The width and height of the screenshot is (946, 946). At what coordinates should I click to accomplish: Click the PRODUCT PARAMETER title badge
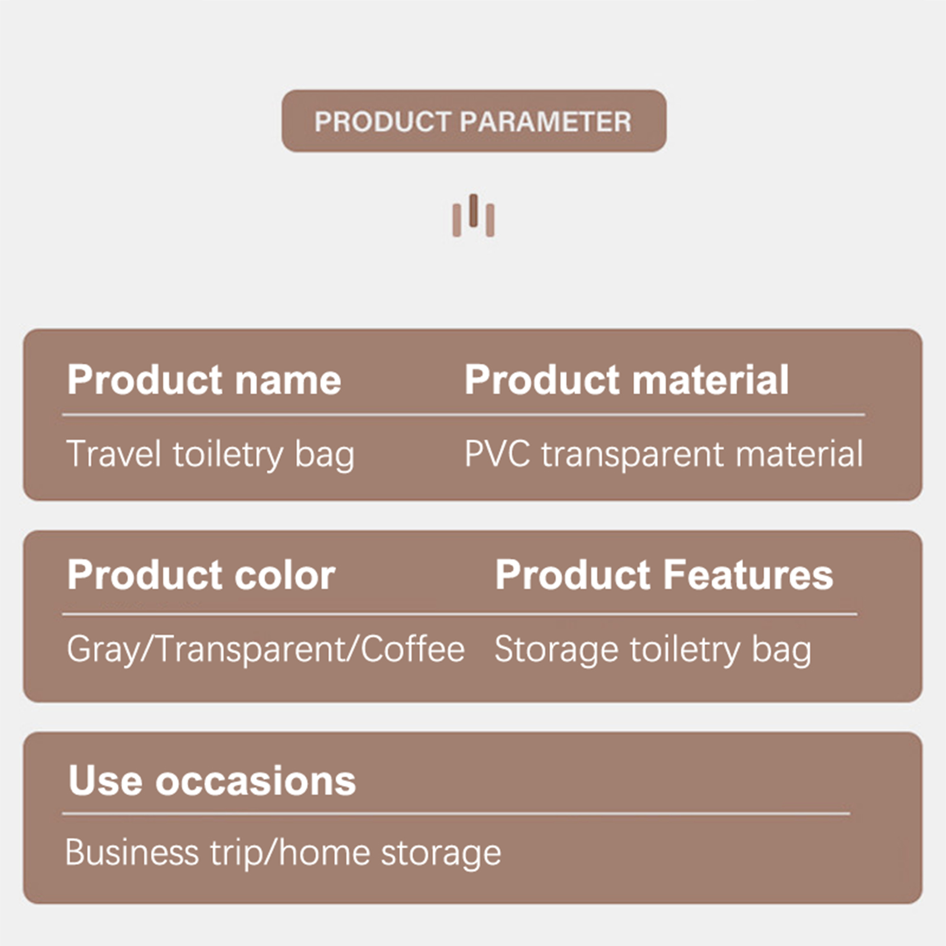pyautogui.click(x=474, y=121)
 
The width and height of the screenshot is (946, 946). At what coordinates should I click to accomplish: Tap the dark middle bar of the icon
pyautogui.click(x=473, y=210)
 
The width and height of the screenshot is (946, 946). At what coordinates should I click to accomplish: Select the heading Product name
pyautogui.click(x=204, y=380)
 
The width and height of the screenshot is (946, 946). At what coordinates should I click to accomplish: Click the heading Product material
pyautogui.click(x=626, y=380)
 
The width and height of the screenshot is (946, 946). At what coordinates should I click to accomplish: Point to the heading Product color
pyautogui.click(x=201, y=575)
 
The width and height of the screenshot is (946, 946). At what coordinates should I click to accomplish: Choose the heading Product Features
pyautogui.click(x=664, y=575)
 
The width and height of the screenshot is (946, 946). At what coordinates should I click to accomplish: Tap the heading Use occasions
pyautogui.click(x=212, y=780)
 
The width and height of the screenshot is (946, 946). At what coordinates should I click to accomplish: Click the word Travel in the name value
pyautogui.click(x=114, y=454)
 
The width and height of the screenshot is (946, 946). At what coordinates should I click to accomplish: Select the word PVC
pyautogui.click(x=497, y=454)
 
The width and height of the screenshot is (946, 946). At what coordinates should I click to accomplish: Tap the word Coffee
pyautogui.click(x=412, y=649)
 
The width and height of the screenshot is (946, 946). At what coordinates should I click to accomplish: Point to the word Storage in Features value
pyautogui.click(x=557, y=650)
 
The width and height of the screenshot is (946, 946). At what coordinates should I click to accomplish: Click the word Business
pyautogui.click(x=132, y=853)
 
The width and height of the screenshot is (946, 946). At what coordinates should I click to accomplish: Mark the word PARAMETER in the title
pyautogui.click(x=546, y=122)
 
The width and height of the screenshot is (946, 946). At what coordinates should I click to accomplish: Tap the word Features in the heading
pyautogui.click(x=748, y=575)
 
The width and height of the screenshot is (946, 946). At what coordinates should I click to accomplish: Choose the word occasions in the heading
pyautogui.click(x=255, y=781)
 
